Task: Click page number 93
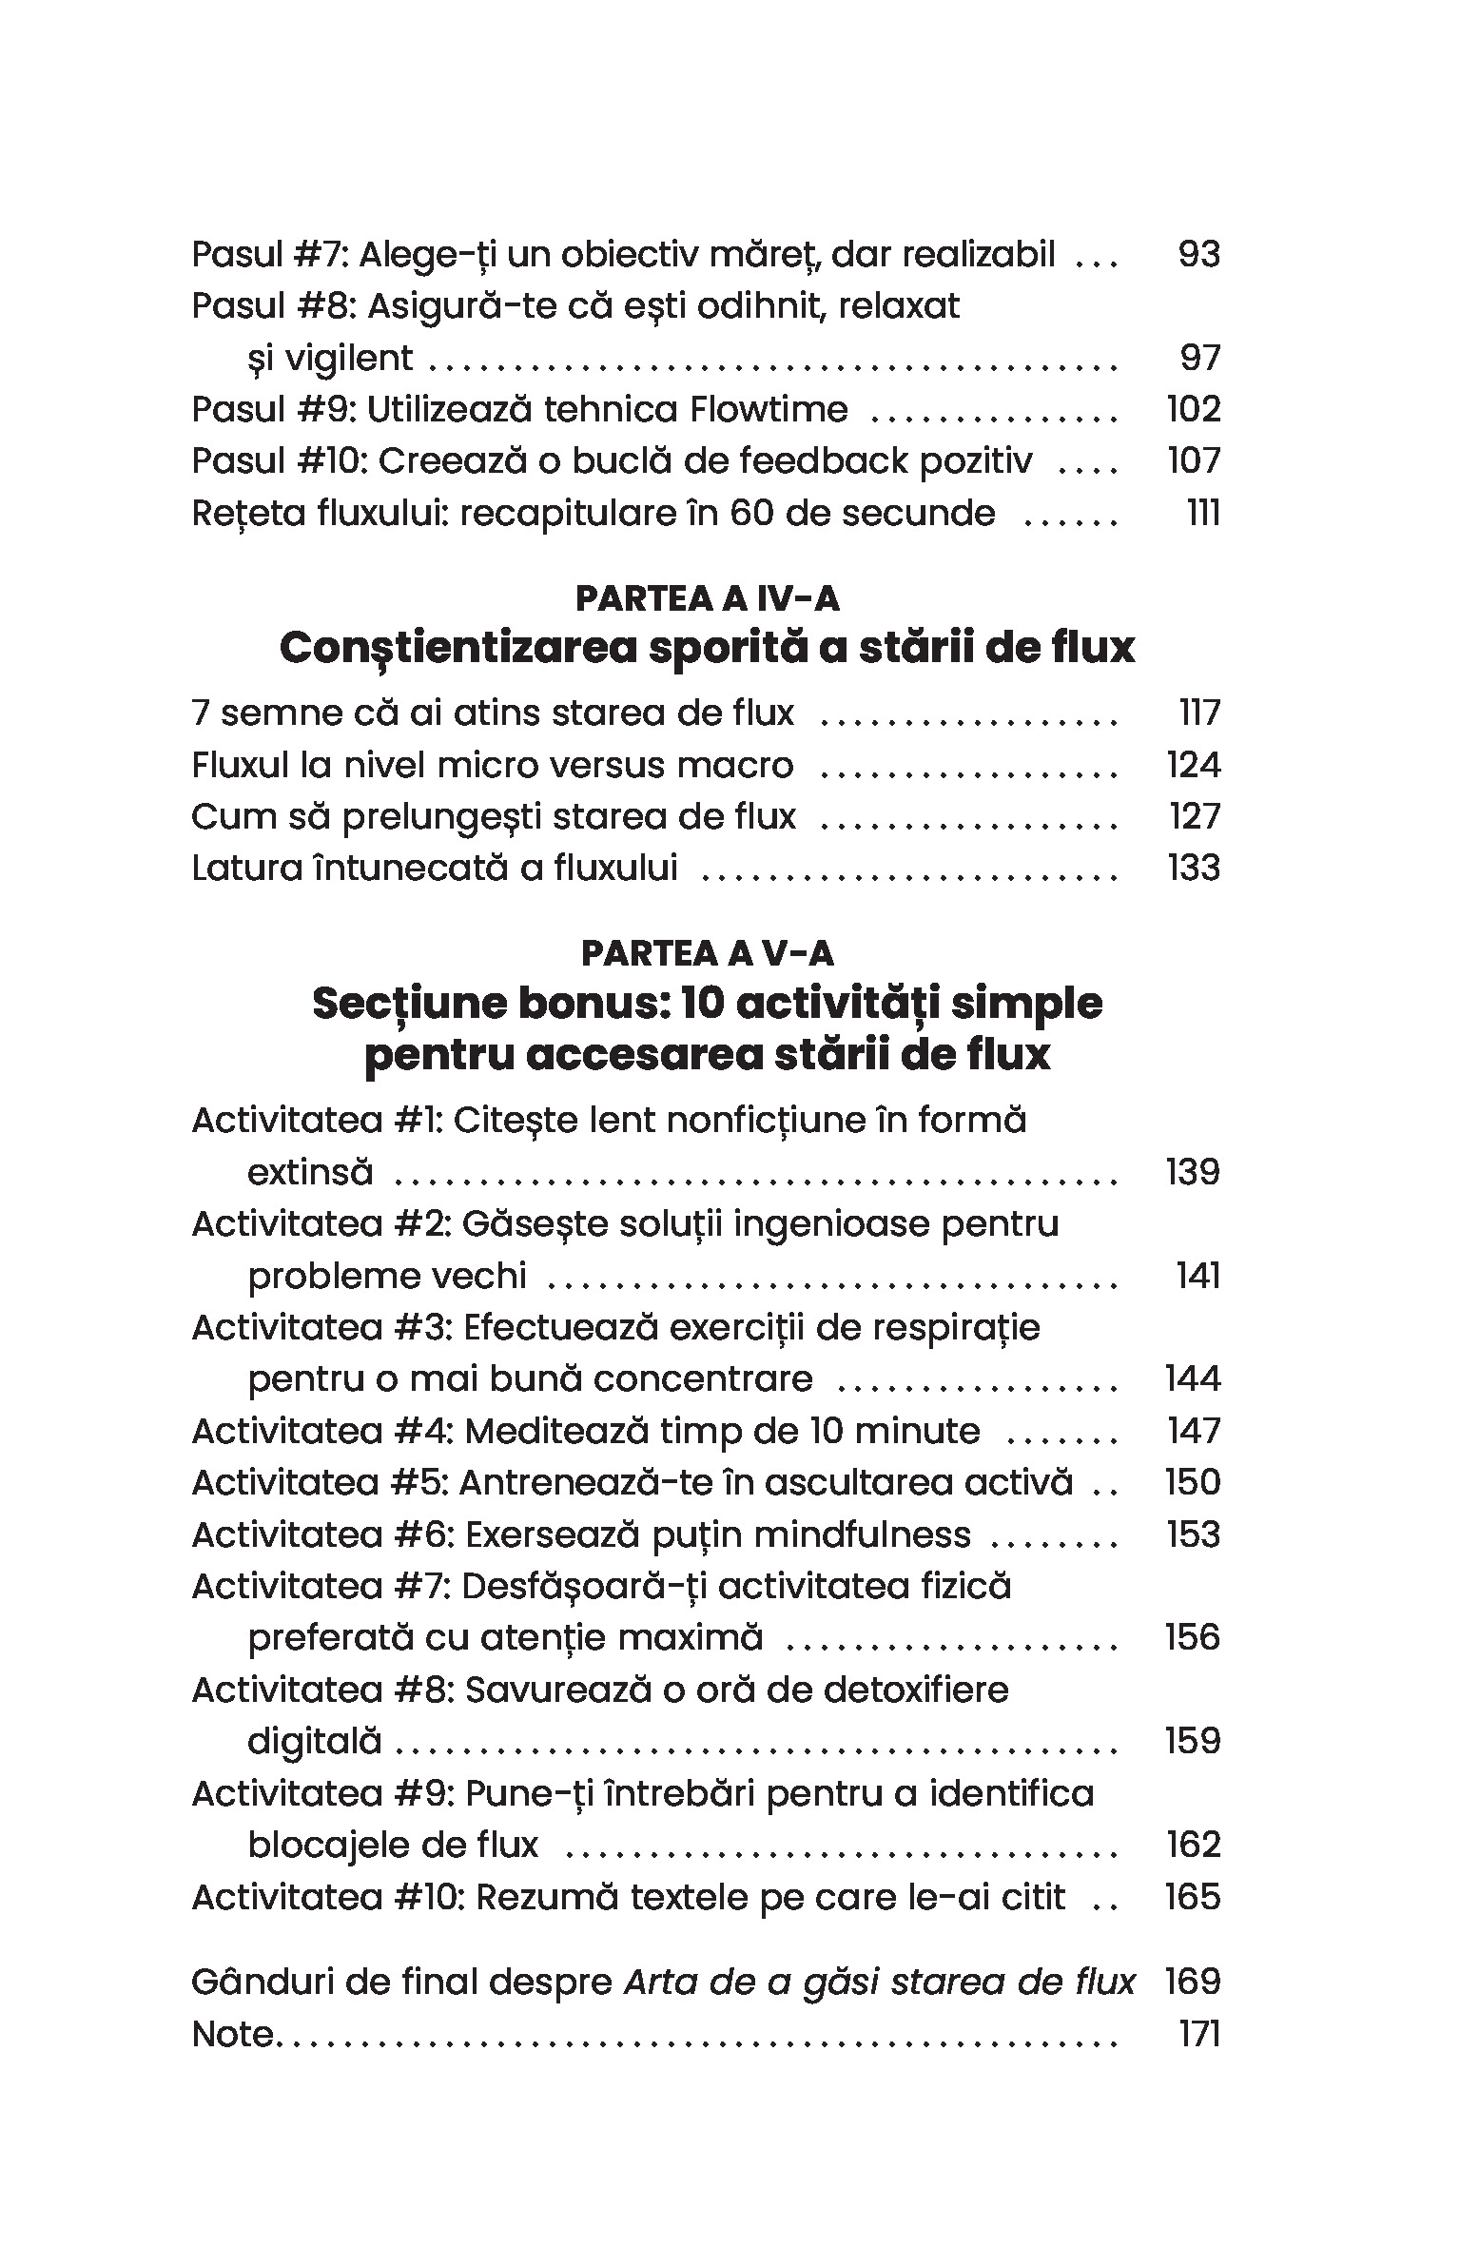click(x=1197, y=254)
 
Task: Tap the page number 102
click(x=1193, y=409)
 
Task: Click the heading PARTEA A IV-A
click(x=708, y=598)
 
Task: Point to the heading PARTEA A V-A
click(x=708, y=953)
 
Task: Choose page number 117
click(x=1199, y=713)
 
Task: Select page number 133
click(x=1193, y=868)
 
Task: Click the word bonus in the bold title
click(x=589, y=1004)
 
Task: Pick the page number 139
click(x=1193, y=1172)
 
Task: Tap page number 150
click(x=1193, y=1482)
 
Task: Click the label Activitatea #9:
click(x=322, y=1793)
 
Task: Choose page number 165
click(x=1193, y=1897)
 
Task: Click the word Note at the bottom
click(x=231, y=2035)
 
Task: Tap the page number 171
click(x=1199, y=2035)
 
